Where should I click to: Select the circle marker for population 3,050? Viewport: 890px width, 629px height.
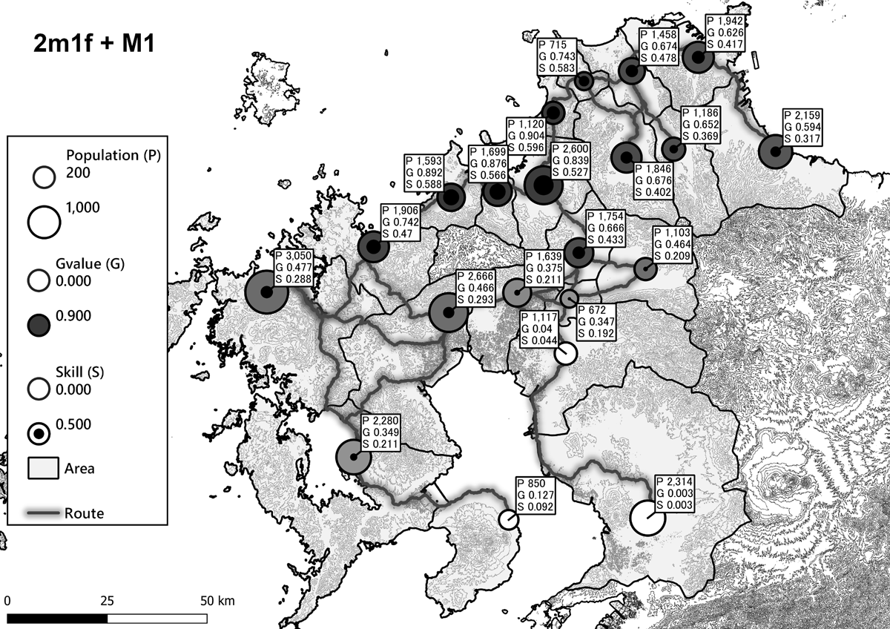(x=266, y=292)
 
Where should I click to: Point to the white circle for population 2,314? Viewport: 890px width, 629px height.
(x=647, y=517)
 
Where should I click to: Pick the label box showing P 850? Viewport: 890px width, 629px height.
(x=536, y=493)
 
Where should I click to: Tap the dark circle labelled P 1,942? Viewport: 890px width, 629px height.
(x=698, y=56)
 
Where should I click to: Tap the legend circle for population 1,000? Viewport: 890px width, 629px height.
(x=44, y=220)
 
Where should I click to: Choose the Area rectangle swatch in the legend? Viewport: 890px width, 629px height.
(x=42, y=469)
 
